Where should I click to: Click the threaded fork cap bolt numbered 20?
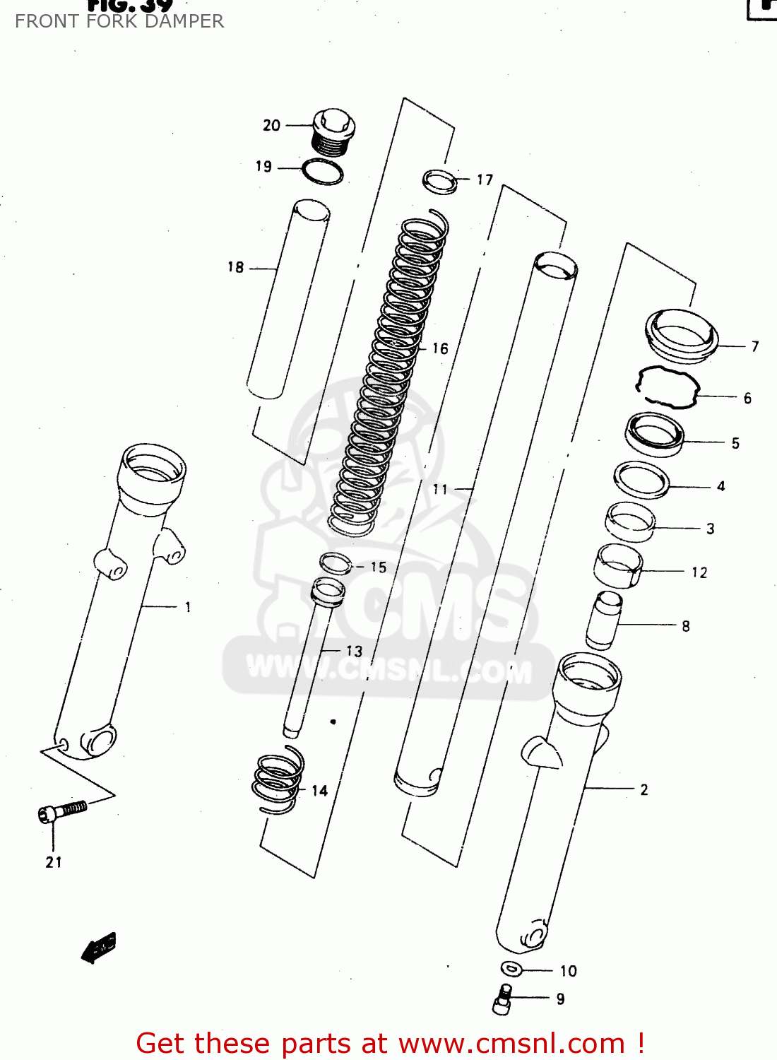332,133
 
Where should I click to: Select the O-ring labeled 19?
323,172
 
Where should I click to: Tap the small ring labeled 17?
439,181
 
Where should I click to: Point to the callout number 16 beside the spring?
440,348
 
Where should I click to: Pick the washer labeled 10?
511,969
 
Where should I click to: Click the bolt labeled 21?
62,811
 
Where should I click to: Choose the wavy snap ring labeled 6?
667,387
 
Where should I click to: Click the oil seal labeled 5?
655,434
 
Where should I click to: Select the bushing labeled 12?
618,565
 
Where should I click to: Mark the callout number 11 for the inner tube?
440,489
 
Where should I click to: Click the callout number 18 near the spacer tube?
235,267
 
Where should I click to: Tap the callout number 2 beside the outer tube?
643,789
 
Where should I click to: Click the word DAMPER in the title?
191,21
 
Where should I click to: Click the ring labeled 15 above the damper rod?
336,564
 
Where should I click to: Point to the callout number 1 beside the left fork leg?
188,607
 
